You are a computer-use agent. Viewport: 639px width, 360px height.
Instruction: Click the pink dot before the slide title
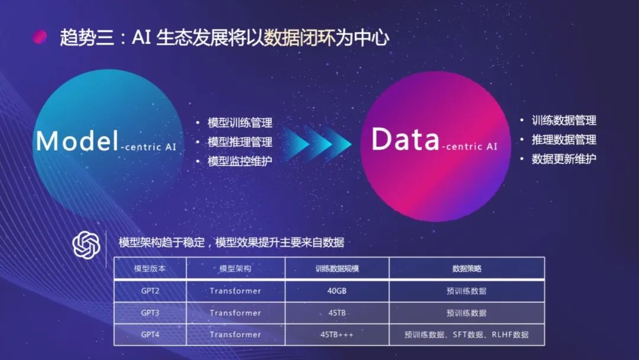pos(40,37)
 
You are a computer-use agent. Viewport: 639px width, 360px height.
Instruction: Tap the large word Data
pos(405,140)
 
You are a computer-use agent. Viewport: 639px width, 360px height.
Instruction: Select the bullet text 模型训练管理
pos(240,123)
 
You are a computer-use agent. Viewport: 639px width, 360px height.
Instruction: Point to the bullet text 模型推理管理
pos(240,142)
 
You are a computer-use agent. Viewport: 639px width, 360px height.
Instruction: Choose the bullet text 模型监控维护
pos(240,161)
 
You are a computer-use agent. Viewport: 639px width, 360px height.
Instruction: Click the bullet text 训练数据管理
pos(564,121)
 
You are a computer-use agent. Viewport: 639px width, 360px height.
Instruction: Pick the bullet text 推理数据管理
pos(564,140)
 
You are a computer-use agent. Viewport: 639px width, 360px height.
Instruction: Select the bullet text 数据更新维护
pos(564,159)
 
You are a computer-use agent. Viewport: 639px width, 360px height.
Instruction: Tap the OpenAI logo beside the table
pos(86,244)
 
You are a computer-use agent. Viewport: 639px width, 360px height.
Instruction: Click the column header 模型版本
pos(150,268)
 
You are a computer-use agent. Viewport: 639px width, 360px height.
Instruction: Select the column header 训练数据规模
pos(337,268)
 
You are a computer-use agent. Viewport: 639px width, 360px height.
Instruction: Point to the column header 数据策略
pos(467,268)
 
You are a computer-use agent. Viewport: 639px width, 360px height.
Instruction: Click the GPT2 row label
pos(150,291)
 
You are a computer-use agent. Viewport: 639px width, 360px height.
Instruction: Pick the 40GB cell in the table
pos(337,291)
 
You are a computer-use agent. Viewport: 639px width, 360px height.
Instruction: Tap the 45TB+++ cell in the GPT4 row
pos(337,335)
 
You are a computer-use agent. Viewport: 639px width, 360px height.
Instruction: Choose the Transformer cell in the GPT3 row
pos(235,313)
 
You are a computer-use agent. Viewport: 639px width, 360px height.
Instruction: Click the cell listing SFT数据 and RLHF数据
pos(467,335)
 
